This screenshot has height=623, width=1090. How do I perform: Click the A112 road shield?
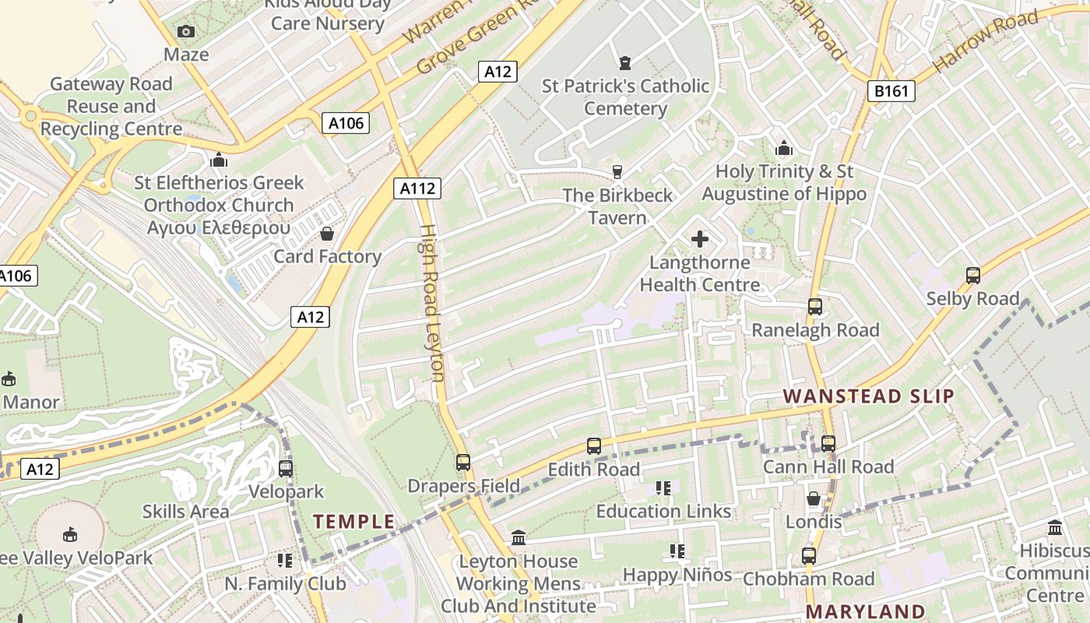[x=417, y=188]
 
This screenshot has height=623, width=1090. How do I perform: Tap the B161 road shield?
[x=891, y=91]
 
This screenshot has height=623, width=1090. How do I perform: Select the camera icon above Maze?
[x=186, y=32]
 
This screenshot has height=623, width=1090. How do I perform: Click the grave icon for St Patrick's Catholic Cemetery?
[x=624, y=62]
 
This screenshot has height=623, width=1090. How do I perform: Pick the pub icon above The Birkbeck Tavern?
[x=617, y=171]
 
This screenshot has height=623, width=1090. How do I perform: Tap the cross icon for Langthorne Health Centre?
[x=700, y=239]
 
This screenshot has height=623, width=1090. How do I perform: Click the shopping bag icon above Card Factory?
[x=327, y=234]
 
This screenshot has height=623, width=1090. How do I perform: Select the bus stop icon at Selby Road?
[x=972, y=276]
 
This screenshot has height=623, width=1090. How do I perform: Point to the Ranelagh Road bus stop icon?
[x=814, y=307]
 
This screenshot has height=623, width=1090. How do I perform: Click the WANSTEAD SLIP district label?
[x=868, y=396]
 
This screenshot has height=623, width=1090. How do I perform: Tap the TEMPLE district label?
[x=354, y=522]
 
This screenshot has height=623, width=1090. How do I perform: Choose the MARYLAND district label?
[x=865, y=611]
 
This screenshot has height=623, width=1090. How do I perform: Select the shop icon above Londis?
[x=814, y=498]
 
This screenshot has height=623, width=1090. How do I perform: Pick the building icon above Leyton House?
[x=519, y=538]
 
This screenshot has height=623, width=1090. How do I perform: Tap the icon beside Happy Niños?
[x=677, y=551]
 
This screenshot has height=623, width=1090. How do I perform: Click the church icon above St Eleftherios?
[x=219, y=160]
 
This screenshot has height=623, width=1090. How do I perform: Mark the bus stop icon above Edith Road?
[x=594, y=446]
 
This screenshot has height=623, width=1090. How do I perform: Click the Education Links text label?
[x=663, y=512]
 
